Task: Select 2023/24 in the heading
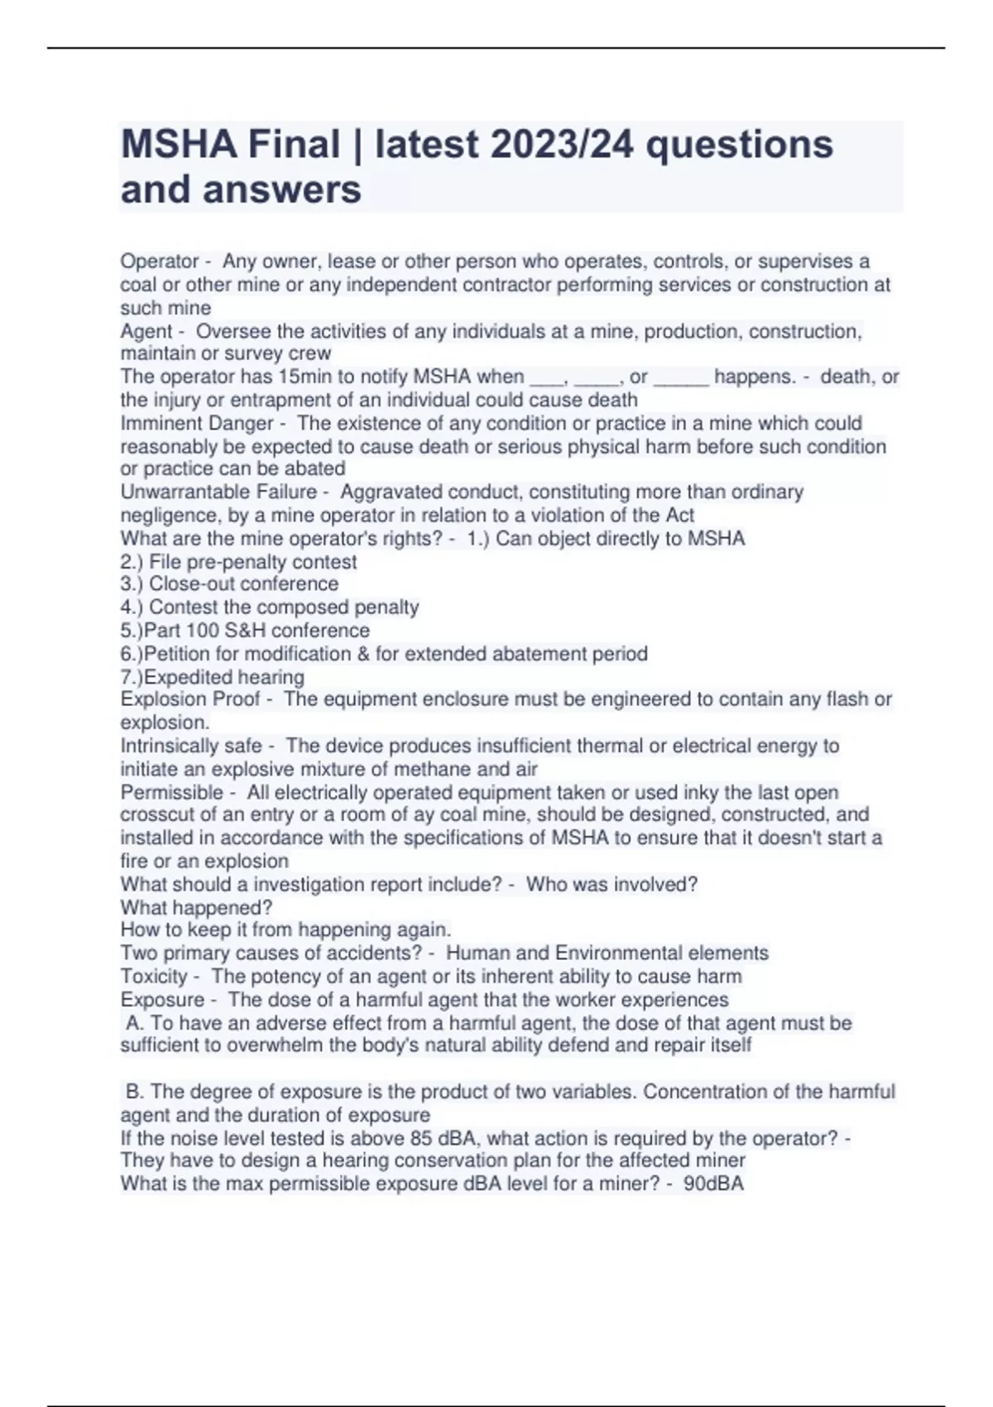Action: (562, 145)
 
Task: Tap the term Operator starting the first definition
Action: (160, 262)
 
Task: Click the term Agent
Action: (146, 331)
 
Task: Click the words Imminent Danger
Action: (197, 423)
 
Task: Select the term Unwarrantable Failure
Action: (218, 492)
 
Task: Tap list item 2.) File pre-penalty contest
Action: (238, 562)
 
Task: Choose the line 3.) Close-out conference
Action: (229, 583)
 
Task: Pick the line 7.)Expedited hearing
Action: (213, 677)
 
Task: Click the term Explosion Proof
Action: (190, 699)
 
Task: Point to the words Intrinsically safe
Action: (191, 746)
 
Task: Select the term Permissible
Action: (172, 792)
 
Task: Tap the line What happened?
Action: (196, 907)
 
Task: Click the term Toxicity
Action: (154, 976)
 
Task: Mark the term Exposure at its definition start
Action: (162, 1000)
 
